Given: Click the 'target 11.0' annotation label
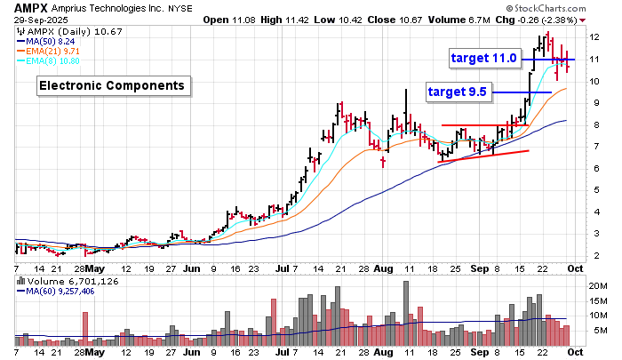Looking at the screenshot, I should (484, 59).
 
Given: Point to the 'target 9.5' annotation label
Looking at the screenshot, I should (459, 92).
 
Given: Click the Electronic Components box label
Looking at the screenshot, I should (111, 86).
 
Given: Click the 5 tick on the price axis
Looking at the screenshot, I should (592, 190).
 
